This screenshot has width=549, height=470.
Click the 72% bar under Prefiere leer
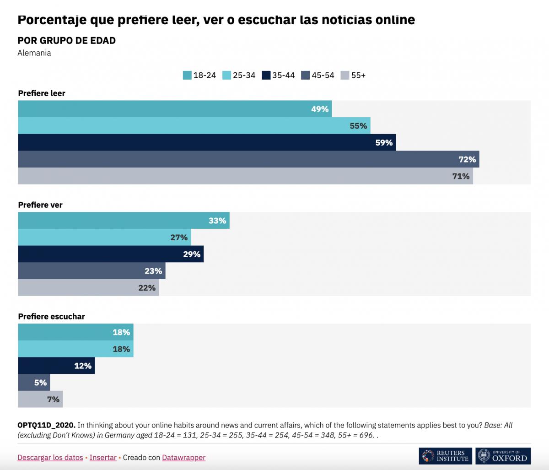pyautogui.click(x=248, y=159)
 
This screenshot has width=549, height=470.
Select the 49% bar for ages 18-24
pyautogui.click(x=175, y=109)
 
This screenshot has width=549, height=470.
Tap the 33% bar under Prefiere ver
pyautogui.click(x=124, y=221)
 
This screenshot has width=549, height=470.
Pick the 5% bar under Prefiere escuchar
pyautogui.click(x=34, y=383)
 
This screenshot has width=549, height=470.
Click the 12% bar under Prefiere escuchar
pyautogui.click(x=56, y=366)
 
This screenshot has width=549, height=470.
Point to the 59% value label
pyautogui.click(x=384, y=142)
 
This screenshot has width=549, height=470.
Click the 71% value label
pyautogui.click(x=461, y=176)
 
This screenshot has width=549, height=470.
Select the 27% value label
pyautogui.click(x=179, y=238)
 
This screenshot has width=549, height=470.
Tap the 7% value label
pyautogui.click(x=53, y=400)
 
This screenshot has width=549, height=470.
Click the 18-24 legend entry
pyautogui.click(x=199, y=76)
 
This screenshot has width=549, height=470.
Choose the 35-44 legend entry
pyautogui.click(x=279, y=76)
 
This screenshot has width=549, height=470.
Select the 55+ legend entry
pyautogui.click(x=353, y=76)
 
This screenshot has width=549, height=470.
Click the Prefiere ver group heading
pyautogui.click(x=40, y=205)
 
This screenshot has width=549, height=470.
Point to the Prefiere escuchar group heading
pyautogui.click(x=51, y=317)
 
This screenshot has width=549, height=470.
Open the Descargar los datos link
pyautogui.click(x=50, y=458)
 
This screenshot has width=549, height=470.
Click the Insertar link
pyautogui.click(x=103, y=458)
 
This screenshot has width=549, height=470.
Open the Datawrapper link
pyautogui.click(x=183, y=458)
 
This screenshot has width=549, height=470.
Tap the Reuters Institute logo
pyautogui.click(x=445, y=456)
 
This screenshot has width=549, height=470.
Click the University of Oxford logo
pyautogui.click(x=503, y=456)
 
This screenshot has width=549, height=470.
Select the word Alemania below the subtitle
pyautogui.click(x=34, y=53)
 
